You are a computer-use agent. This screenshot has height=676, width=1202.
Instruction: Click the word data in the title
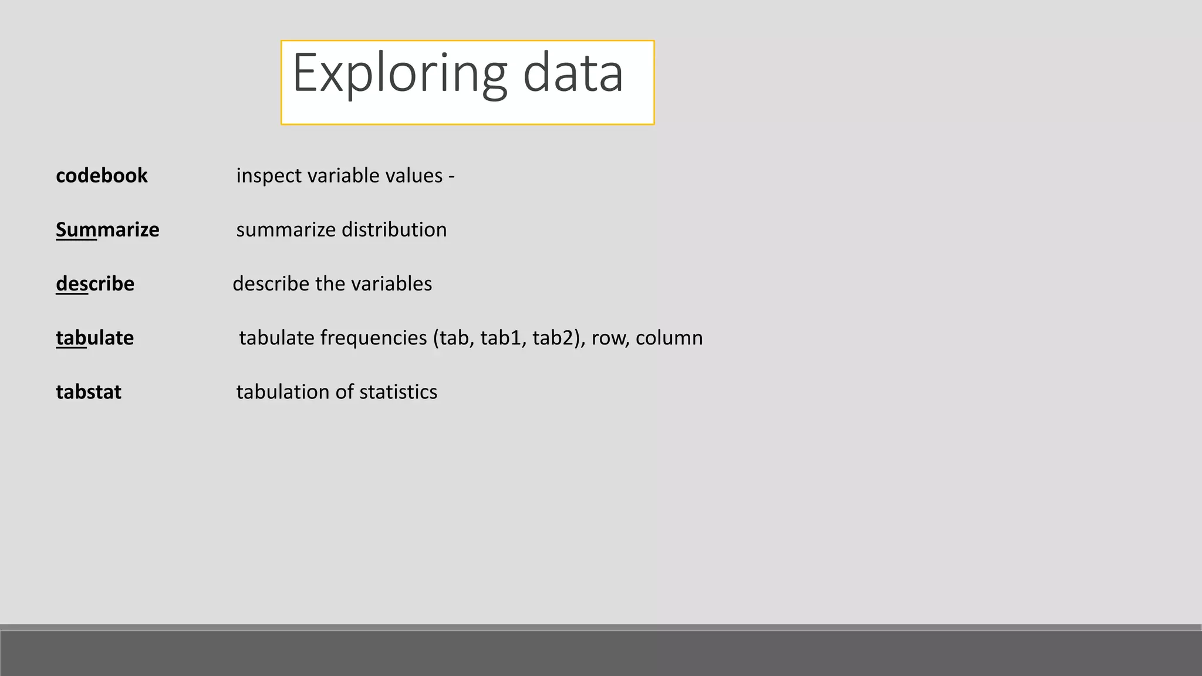572,73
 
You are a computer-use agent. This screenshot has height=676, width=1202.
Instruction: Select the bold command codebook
102,175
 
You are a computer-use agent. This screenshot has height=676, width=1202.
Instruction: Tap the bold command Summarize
107,229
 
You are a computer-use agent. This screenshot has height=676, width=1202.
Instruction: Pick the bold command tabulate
94,338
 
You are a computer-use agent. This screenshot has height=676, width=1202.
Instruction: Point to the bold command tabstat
89,392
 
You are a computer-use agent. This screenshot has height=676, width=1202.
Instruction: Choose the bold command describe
95,284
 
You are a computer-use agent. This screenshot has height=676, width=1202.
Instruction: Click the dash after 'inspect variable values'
451,176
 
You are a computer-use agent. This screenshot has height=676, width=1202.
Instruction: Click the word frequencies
373,338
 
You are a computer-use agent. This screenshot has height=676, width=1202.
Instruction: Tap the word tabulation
283,392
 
